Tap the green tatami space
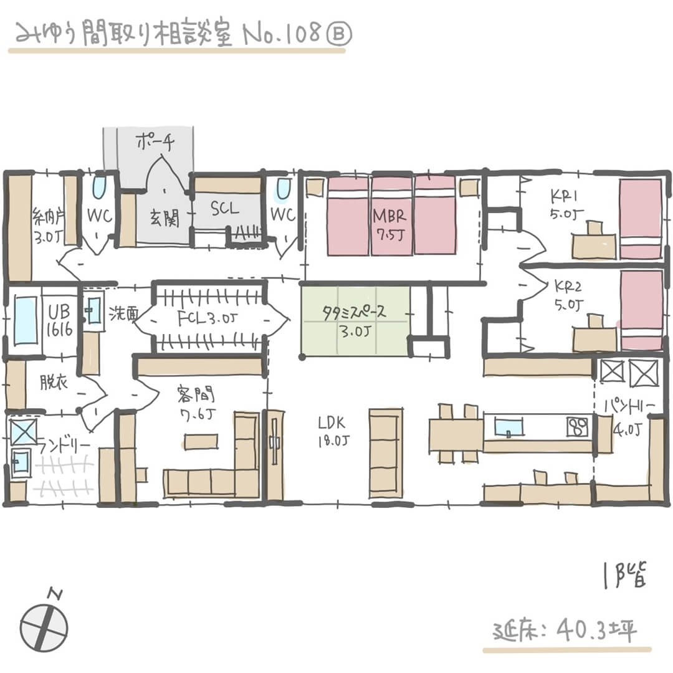pos(354,320)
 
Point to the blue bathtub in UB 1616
pos(26,320)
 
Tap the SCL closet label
pos(224,209)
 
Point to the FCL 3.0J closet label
pos(206,319)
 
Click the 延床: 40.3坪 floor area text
pos(565,631)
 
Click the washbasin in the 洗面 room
pos(94,310)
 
